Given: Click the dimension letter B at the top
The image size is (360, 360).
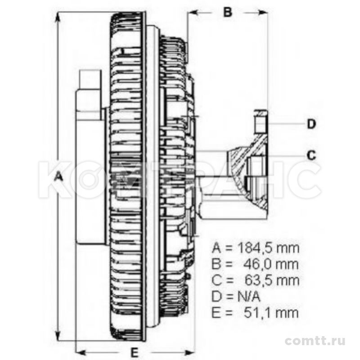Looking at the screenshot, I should point(228,12).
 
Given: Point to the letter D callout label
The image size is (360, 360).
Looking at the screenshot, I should point(311,124).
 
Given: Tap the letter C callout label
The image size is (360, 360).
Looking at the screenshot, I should point(311,155).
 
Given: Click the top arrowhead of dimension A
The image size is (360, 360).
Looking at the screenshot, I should point(58,16).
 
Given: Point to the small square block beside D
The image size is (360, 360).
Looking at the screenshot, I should point(260,122).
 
